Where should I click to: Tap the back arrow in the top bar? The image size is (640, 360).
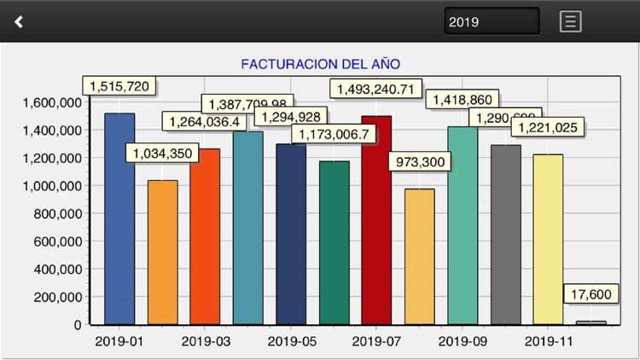pyautogui.click(x=19, y=21)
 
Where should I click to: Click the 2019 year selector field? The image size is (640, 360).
pyautogui.click(x=492, y=21)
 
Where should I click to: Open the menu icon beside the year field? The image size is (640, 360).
pyautogui.click(x=570, y=21)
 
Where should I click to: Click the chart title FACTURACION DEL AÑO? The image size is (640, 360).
pyautogui.click(x=320, y=64)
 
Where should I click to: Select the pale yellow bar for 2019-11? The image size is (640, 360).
pyautogui.click(x=548, y=240)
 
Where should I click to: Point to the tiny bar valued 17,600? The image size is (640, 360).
pyautogui.click(x=591, y=322)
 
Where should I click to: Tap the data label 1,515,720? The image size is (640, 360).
pyautogui.click(x=120, y=86)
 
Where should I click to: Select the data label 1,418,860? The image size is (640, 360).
pyautogui.click(x=463, y=100)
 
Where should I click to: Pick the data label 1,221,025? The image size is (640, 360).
pyautogui.click(x=546, y=127)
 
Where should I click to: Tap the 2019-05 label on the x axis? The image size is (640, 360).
pyautogui.click(x=291, y=342)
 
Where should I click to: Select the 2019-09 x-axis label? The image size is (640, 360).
pyautogui.click(x=462, y=342)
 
